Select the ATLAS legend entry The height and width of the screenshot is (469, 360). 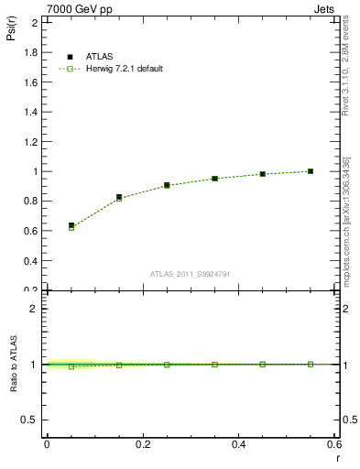(97, 57)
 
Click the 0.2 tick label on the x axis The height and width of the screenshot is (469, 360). (142, 444)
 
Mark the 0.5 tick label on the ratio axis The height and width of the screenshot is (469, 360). (29, 420)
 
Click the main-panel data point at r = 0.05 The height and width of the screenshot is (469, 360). (71, 225)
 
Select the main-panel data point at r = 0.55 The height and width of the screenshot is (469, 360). (311, 171)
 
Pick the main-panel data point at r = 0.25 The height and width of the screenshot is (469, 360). (167, 185)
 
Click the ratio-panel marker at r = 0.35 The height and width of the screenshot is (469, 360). (214, 365)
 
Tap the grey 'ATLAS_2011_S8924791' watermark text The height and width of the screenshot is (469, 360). (190, 274)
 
